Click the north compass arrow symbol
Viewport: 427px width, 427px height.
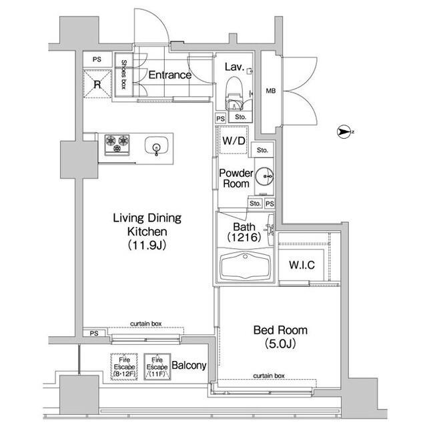[344, 132]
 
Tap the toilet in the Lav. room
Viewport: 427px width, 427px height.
[234, 92]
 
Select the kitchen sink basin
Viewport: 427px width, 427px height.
[156, 146]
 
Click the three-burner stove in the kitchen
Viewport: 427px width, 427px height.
[117, 145]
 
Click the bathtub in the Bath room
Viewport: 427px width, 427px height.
[246, 266]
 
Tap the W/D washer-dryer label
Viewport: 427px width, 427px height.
[234, 141]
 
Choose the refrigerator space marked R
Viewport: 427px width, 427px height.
[97, 84]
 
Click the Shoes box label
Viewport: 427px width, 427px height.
[123, 74]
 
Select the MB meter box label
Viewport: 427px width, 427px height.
[271, 91]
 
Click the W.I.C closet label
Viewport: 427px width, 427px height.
[302, 265]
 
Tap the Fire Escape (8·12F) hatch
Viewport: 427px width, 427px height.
[124, 367]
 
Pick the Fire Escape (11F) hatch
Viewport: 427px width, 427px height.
[157, 367]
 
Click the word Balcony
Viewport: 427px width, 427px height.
[189, 366]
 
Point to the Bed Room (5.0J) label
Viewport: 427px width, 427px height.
[280, 337]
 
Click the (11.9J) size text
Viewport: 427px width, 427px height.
[147, 245]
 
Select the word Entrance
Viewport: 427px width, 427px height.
[170, 75]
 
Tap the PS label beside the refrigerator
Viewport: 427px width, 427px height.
[97, 59]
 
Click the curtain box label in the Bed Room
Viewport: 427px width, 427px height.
[269, 376]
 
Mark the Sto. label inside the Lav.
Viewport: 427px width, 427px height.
[240, 117]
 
